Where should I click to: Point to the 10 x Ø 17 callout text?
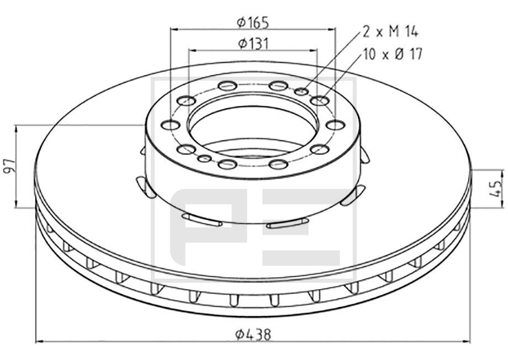pyautogui.click(x=393, y=54)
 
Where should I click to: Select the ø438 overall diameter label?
pyautogui.click(x=253, y=334)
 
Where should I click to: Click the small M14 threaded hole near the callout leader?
pyautogui.click(x=302, y=91)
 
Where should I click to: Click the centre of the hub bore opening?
pyautogui.click(x=253, y=125)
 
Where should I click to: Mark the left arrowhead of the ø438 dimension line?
pyautogui.click(x=39, y=342)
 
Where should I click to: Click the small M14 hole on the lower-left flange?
pyautogui.click(x=204, y=159)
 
